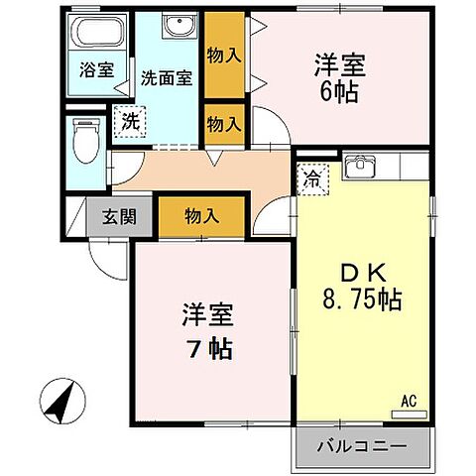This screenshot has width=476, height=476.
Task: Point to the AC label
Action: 408,400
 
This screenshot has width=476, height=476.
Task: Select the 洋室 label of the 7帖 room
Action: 206,318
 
